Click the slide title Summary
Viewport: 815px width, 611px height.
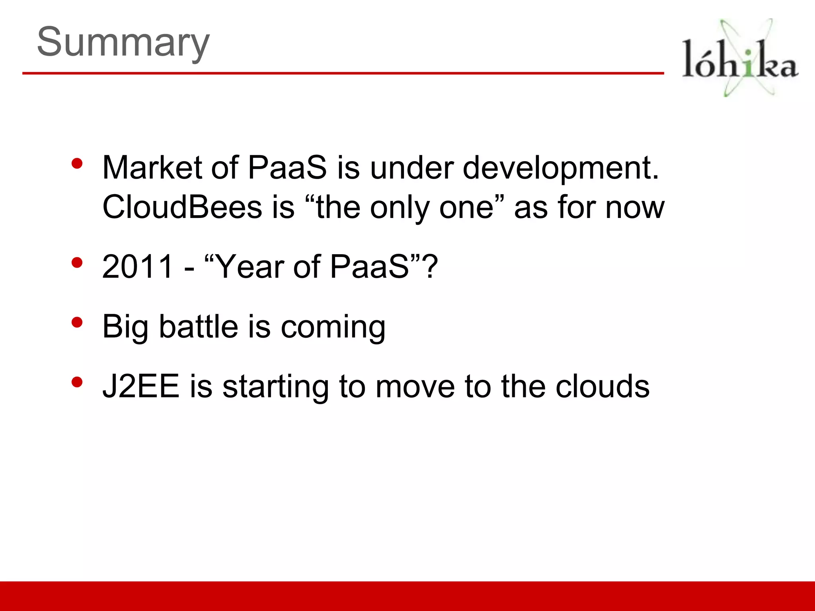click(x=123, y=42)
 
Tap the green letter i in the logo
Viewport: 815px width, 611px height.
click(x=749, y=64)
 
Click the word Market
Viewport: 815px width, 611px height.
click(x=152, y=167)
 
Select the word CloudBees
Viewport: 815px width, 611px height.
click(x=182, y=207)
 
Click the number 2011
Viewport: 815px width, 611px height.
click(x=138, y=267)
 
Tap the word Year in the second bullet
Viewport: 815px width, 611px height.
click(x=250, y=267)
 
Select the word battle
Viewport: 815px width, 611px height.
click(x=199, y=326)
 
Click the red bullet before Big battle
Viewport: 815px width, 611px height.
click(x=77, y=322)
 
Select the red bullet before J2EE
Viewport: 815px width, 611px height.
click(x=77, y=382)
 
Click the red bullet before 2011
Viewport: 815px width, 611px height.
click(x=77, y=263)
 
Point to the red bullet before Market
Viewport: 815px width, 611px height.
click(x=77, y=163)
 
